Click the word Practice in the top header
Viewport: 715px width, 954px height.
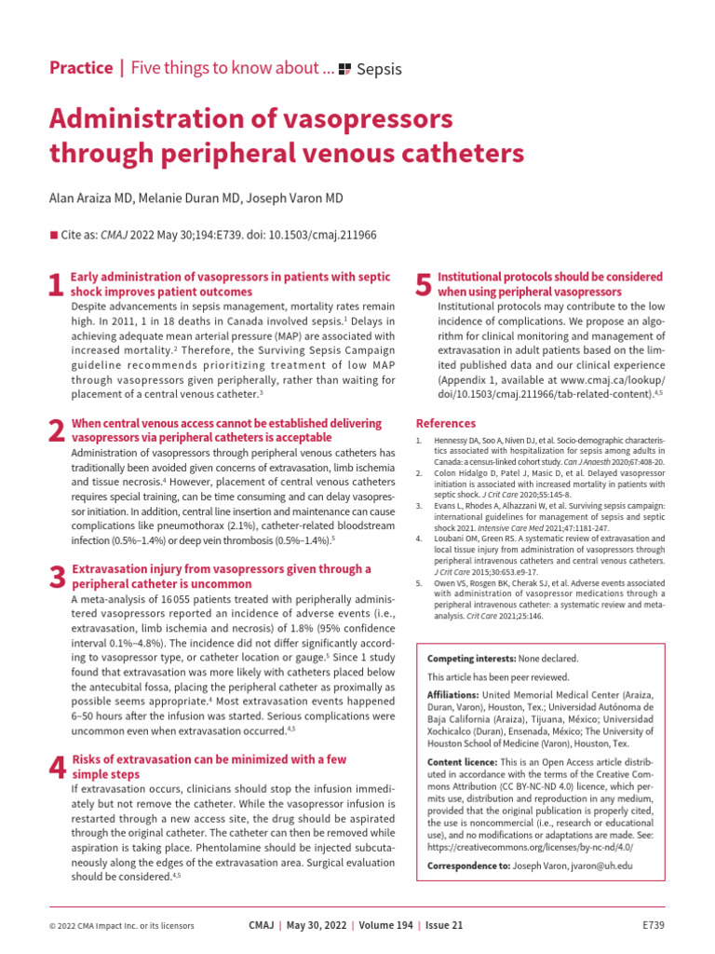click(x=80, y=68)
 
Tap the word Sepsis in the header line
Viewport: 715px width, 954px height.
click(x=379, y=69)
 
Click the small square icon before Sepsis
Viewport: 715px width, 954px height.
click(x=344, y=69)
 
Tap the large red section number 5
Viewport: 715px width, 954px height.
click(x=423, y=285)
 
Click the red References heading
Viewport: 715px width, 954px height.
click(x=445, y=423)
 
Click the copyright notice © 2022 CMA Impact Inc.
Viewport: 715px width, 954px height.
click(x=121, y=925)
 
